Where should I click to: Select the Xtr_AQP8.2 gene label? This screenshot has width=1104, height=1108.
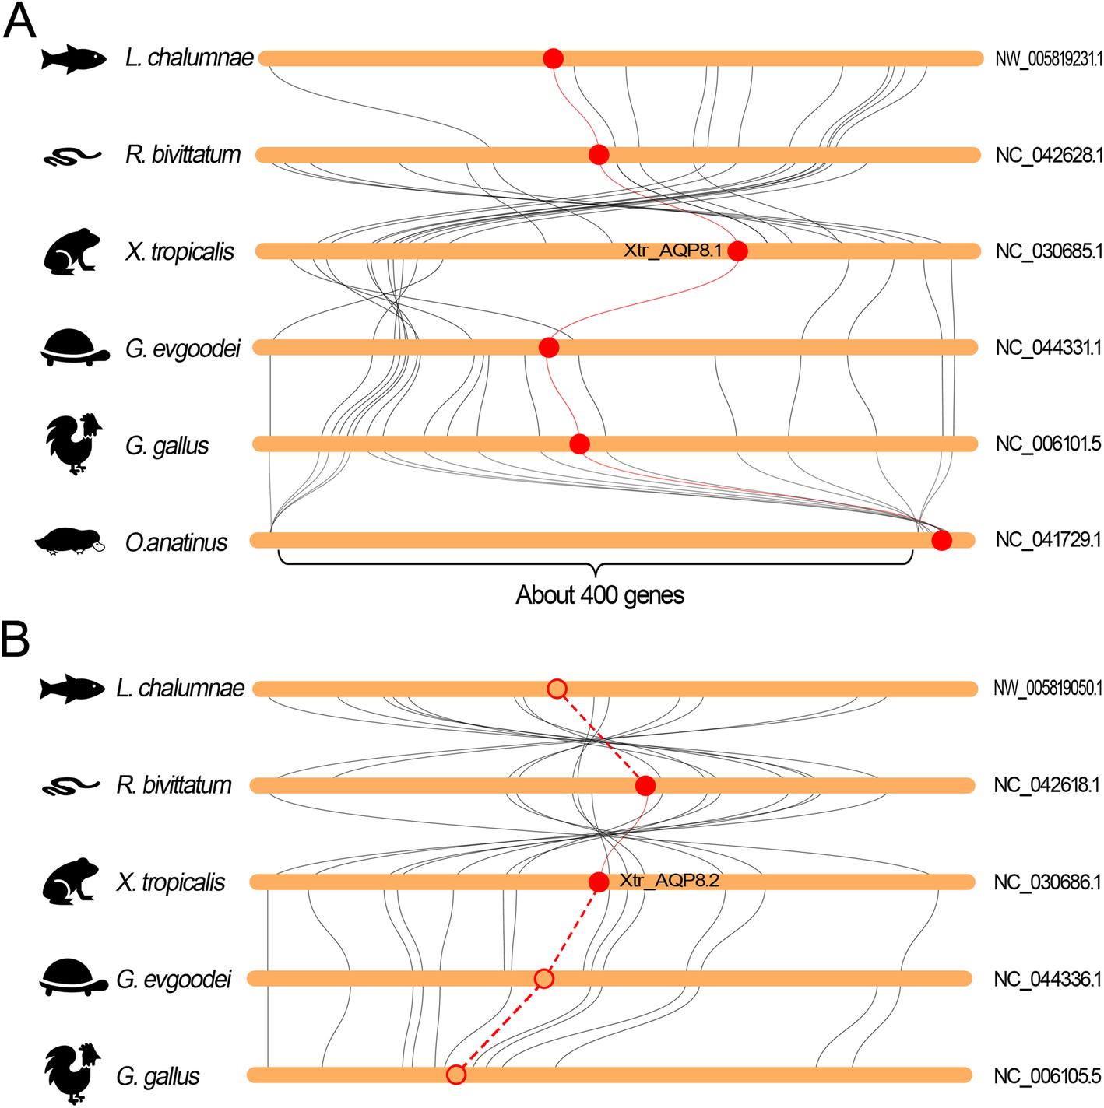click(669, 881)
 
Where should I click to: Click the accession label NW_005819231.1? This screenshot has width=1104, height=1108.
click(1048, 58)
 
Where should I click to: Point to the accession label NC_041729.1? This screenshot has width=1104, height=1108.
click(1048, 539)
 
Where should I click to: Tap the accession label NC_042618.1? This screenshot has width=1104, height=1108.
click(1046, 784)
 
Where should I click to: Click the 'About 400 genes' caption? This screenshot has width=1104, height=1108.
click(599, 595)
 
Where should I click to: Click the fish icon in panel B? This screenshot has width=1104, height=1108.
click(72, 689)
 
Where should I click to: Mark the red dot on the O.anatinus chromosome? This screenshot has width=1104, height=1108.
click(941, 540)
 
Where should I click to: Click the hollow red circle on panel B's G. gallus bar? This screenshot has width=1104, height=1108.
click(456, 1075)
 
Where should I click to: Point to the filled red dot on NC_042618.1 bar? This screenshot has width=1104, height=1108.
click(645, 786)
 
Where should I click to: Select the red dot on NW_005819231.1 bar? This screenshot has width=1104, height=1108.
click(553, 58)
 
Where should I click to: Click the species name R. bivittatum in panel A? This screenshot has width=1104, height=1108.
click(183, 155)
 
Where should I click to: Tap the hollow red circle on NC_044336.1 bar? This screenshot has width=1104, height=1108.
click(544, 978)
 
